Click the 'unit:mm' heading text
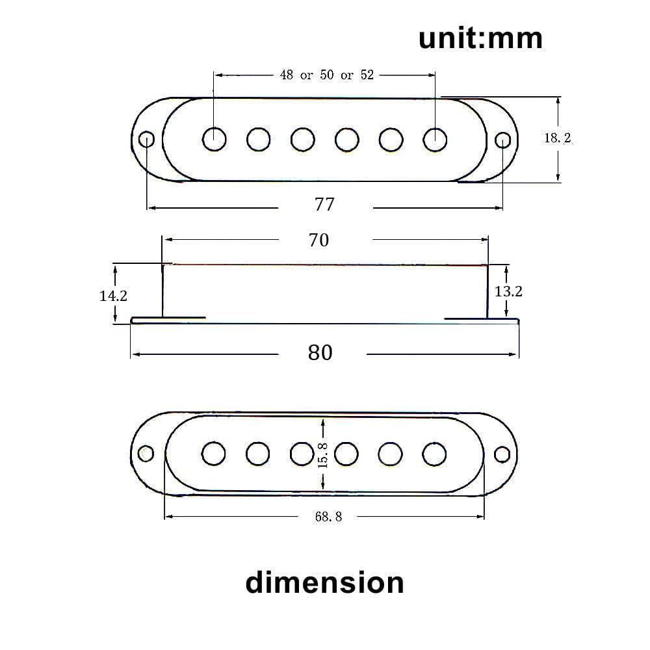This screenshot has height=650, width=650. pyautogui.click(x=480, y=38)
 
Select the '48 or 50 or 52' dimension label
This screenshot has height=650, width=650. pyautogui.click(x=327, y=75)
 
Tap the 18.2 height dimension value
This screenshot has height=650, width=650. pyautogui.click(x=557, y=138)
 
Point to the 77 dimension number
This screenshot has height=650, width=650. pyautogui.click(x=324, y=204)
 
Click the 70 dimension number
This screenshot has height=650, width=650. pyautogui.click(x=318, y=240)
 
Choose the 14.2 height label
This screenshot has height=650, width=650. pyautogui.click(x=113, y=296)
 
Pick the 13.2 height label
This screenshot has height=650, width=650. pyautogui.click(x=508, y=291)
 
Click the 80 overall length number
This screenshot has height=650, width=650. pyautogui.click(x=320, y=353)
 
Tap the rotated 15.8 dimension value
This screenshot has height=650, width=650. pyautogui.click(x=324, y=454)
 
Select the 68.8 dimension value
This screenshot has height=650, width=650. pyautogui.click(x=328, y=517)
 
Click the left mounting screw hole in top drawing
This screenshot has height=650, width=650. pyautogui.click(x=147, y=139)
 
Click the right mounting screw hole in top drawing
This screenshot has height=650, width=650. pyautogui.click(x=502, y=140)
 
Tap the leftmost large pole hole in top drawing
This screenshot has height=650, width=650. pyautogui.click(x=214, y=139)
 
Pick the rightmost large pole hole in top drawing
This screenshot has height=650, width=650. pyautogui.click(x=435, y=139)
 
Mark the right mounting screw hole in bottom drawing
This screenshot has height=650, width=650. pyautogui.click(x=502, y=454)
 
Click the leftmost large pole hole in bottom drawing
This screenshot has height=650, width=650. pyautogui.click(x=214, y=454)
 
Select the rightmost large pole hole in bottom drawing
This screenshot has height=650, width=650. pyautogui.click(x=434, y=454)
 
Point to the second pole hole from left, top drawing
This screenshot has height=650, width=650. pyautogui.click(x=258, y=139)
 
